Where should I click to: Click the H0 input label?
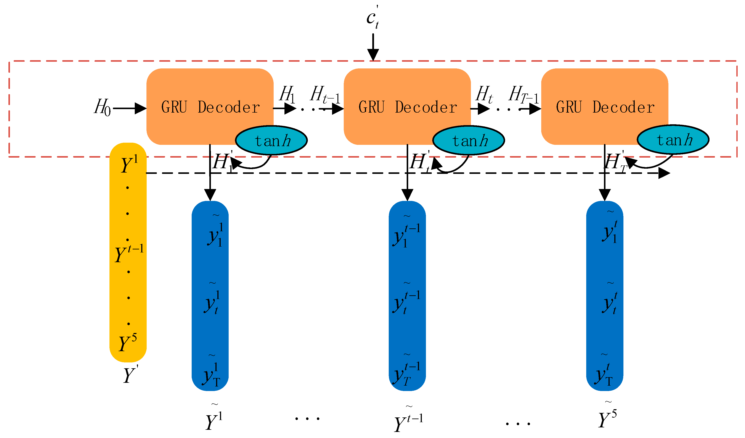tap(102, 107)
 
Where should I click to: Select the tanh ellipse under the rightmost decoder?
tap(673, 140)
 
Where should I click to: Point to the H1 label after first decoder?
tap(287, 95)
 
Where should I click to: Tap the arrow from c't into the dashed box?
tap(373, 47)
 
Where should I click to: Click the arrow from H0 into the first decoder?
tap(130, 108)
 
